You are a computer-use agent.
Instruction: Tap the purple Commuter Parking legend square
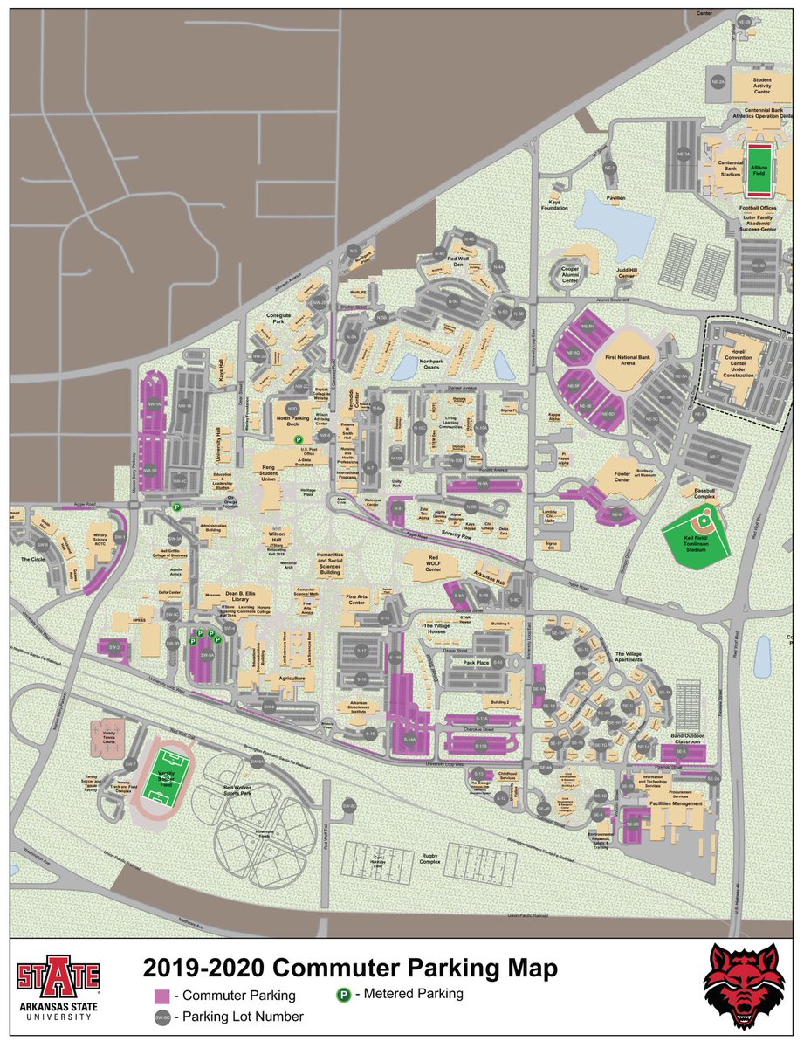click(161, 996)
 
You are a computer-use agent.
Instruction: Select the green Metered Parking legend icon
click(344, 993)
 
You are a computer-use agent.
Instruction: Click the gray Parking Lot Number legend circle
click(161, 1017)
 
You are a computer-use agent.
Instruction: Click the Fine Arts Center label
click(355, 599)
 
